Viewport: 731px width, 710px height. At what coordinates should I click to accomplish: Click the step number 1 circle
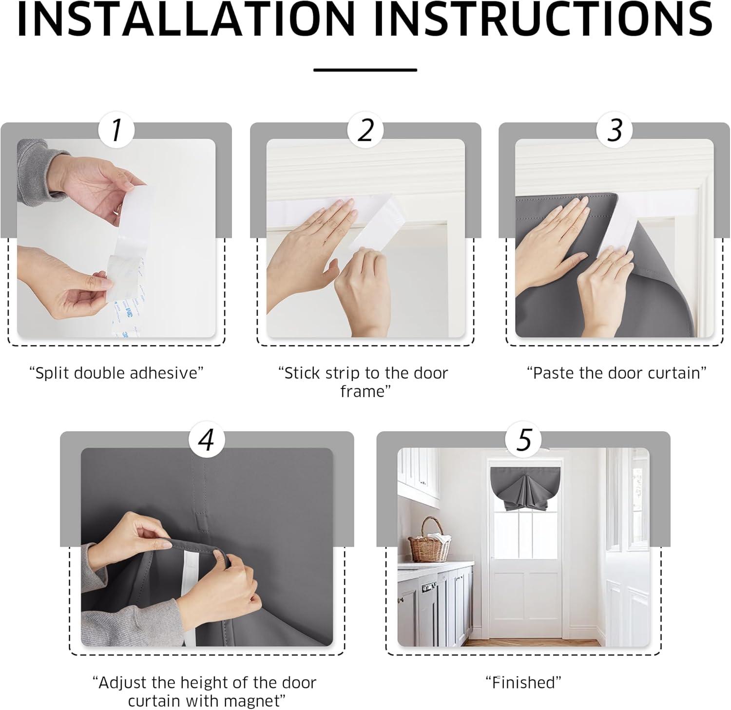[116, 130]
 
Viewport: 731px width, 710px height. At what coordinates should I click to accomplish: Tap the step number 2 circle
[365, 130]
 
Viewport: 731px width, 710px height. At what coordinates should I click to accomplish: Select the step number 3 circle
[615, 130]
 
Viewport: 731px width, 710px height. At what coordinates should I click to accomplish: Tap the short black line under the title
[365, 70]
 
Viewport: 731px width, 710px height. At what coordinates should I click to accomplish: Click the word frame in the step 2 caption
[363, 391]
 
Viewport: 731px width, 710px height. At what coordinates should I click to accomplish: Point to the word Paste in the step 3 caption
[551, 373]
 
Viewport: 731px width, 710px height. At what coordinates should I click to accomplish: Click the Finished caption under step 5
[523, 682]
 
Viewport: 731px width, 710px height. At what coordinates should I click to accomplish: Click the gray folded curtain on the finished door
[523, 490]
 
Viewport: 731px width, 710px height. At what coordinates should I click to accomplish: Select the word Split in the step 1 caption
[51, 373]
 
